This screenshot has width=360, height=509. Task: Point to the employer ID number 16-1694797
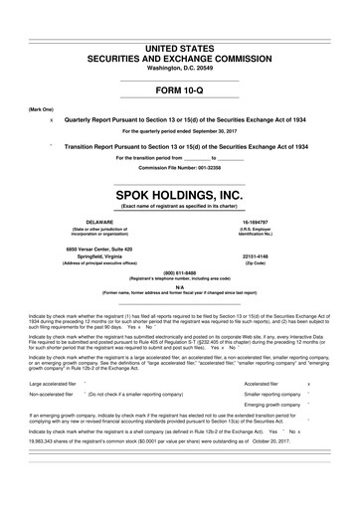(287, 222)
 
